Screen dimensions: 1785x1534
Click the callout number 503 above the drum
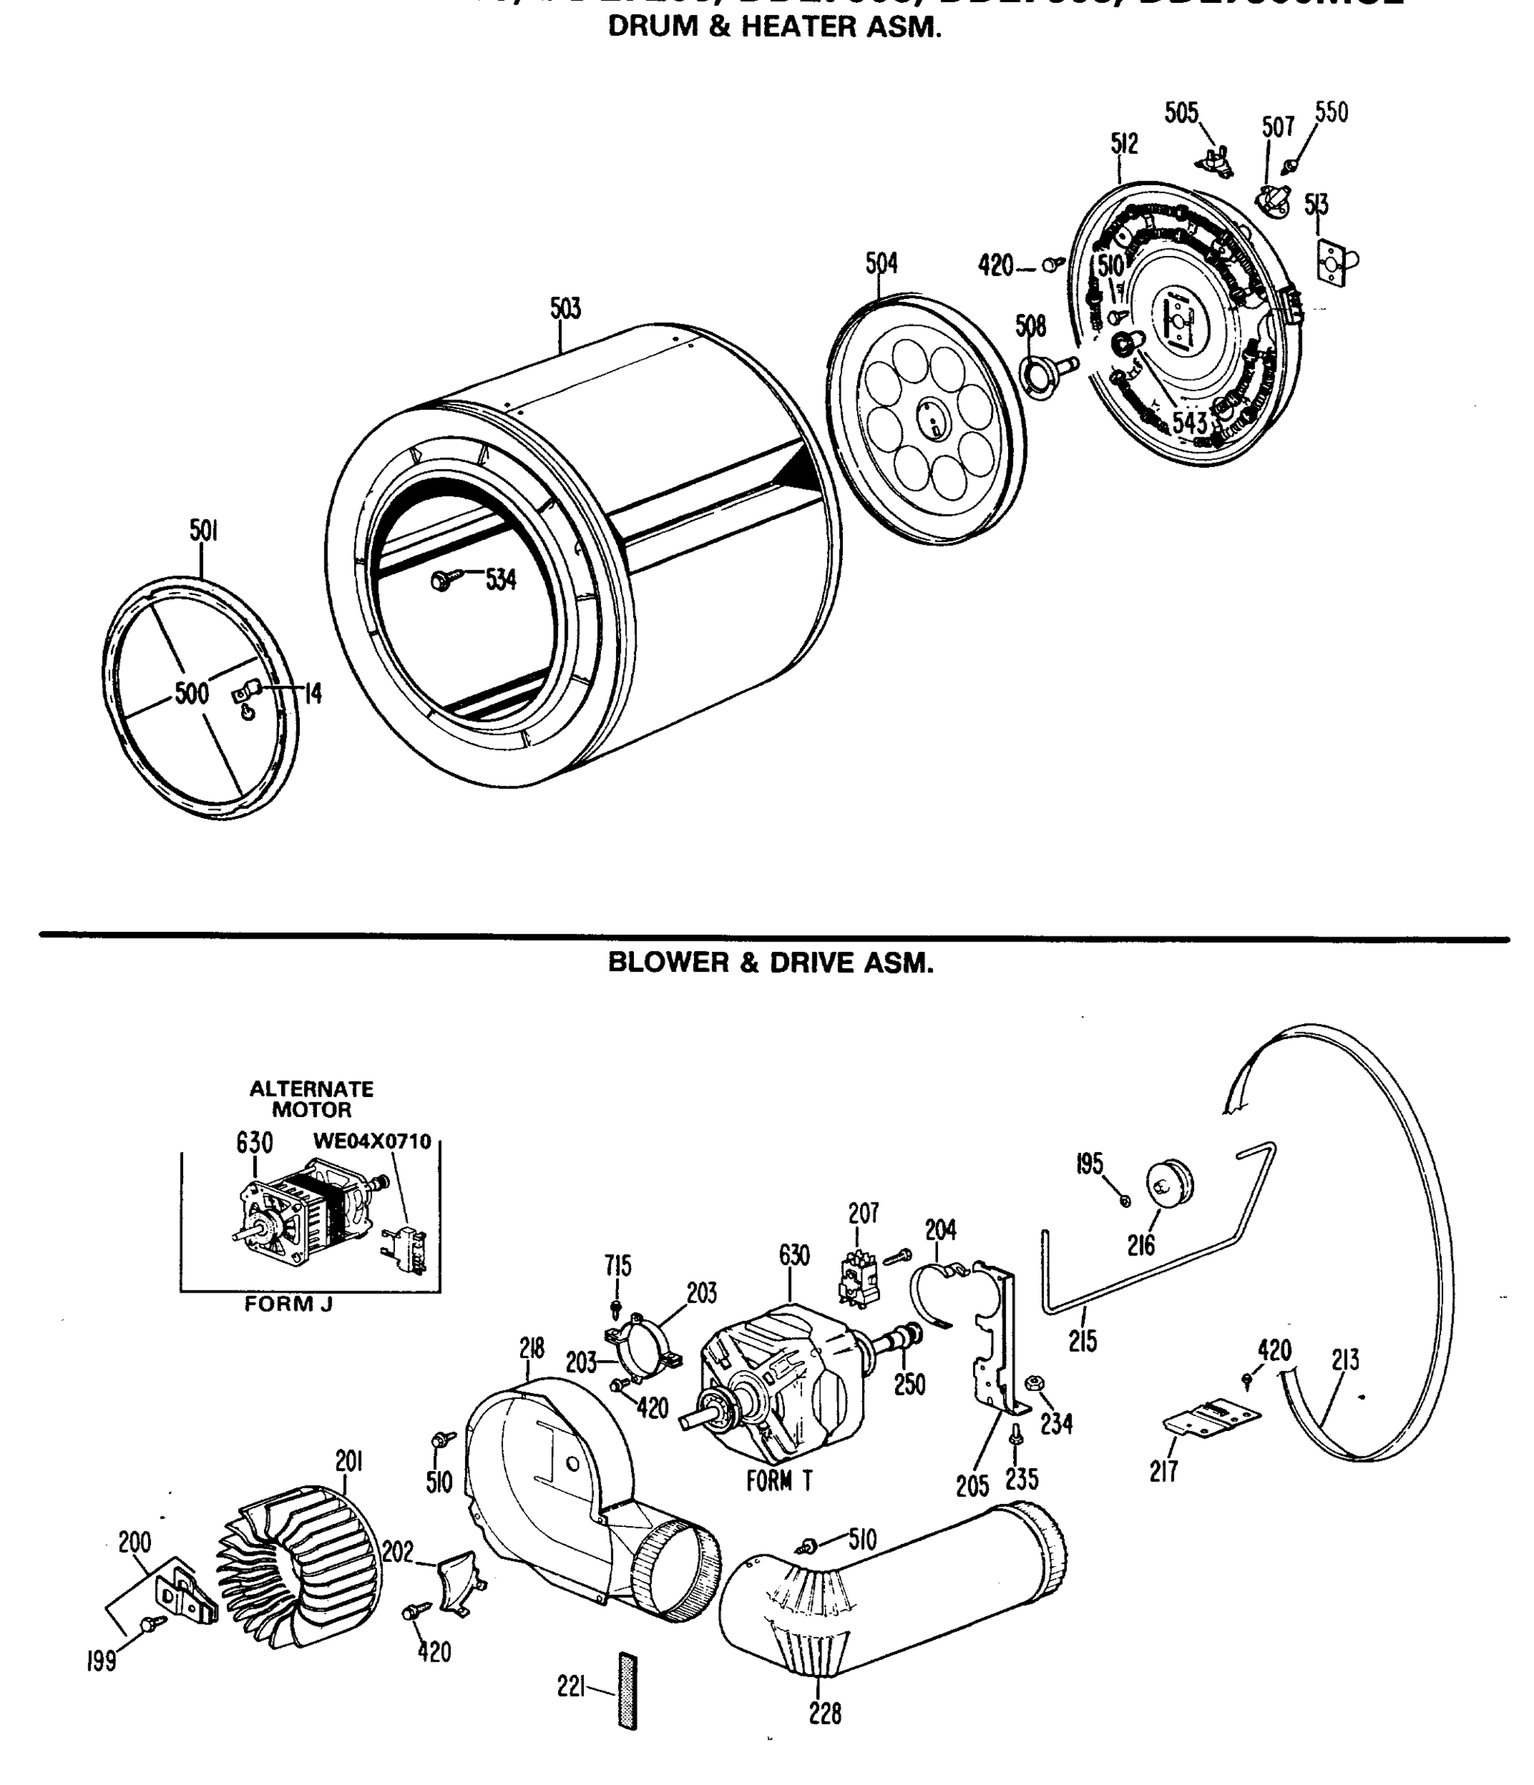click(x=565, y=309)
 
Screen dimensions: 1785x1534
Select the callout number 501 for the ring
click(x=202, y=532)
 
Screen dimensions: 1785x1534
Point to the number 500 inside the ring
click(x=191, y=692)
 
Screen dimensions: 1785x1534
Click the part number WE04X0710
click(x=371, y=1142)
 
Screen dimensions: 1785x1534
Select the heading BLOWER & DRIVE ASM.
click(x=771, y=962)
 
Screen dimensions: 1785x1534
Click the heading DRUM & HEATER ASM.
click(x=774, y=27)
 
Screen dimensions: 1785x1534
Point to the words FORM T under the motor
click(x=779, y=1481)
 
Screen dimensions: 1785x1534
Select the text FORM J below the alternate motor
click(x=288, y=1304)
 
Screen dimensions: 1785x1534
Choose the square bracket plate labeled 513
click(x=1335, y=266)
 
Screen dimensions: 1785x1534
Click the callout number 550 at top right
click(x=1331, y=113)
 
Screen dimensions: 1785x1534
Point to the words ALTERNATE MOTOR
click(x=311, y=1099)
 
